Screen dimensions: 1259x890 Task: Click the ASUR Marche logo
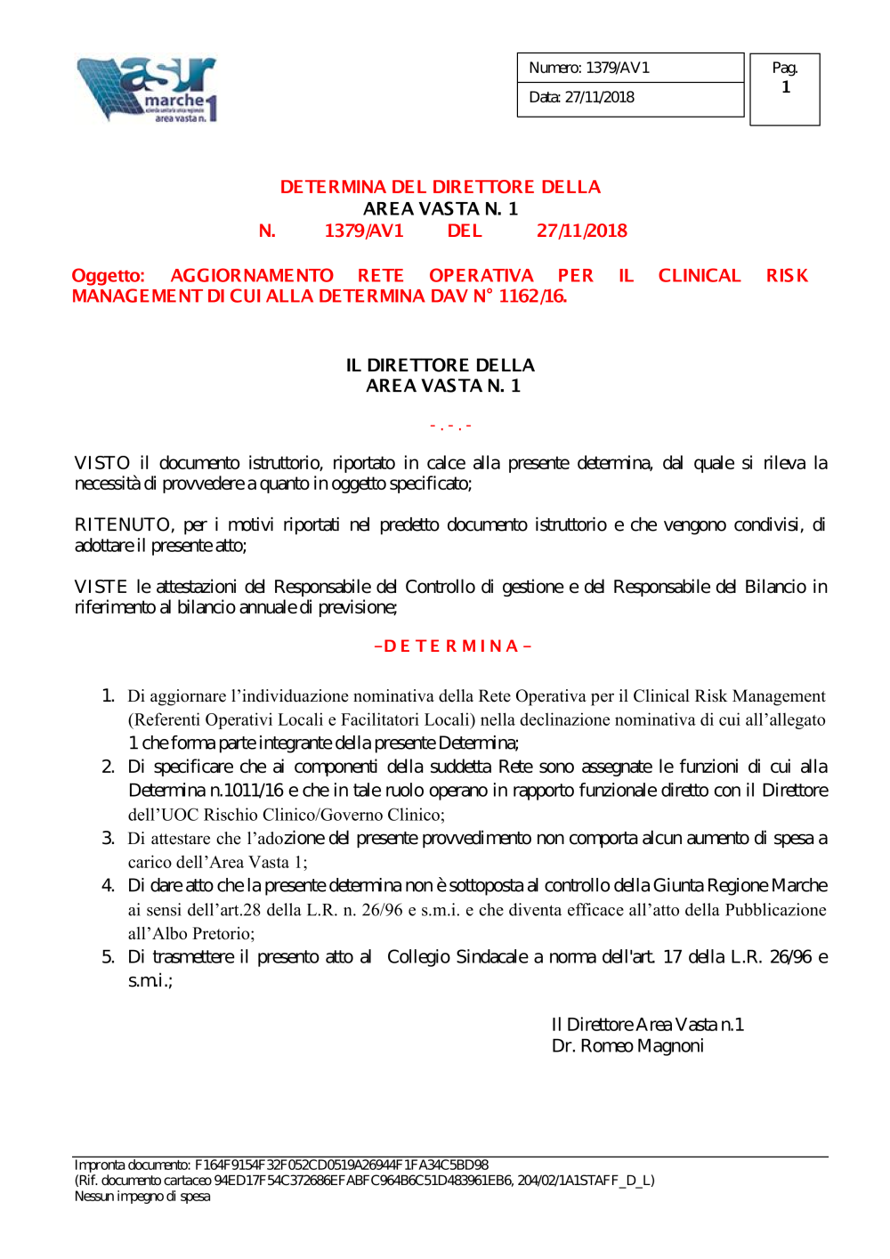(147, 89)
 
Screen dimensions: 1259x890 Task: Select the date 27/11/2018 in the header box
(600, 97)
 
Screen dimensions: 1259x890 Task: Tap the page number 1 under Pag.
(786, 87)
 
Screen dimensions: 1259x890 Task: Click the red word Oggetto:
(108, 276)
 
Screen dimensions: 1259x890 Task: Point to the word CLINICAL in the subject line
(700, 276)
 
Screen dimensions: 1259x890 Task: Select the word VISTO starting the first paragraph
(102, 463)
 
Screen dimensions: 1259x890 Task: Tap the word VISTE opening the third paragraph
(101, 587)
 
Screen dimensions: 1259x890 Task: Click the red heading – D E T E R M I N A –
(453, 646)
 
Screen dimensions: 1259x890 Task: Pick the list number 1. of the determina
(108, 695)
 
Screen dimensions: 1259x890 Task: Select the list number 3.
(108, 838)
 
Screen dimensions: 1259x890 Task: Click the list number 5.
(108, 957)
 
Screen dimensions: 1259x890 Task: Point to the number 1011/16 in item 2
(254, 791)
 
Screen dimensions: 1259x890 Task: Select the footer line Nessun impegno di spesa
(142, 1197)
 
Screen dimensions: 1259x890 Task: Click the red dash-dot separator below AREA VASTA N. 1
(450, 426)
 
